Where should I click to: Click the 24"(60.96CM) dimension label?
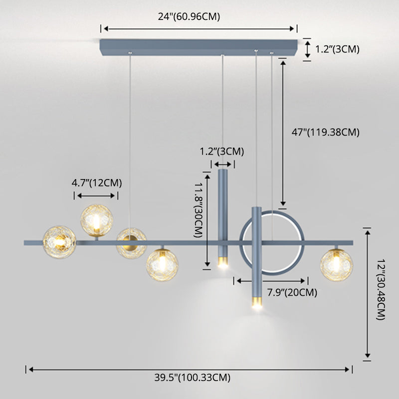[189, 16]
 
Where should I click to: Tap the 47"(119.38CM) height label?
[325, 132]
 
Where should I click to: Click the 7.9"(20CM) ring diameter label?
[292, 292]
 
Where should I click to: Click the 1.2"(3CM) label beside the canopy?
[338, 49]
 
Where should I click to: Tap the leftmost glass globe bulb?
[59, 242]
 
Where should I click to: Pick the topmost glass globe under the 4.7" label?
[98, 219]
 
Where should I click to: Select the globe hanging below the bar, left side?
[162, 264]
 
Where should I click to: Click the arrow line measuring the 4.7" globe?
[97, 196]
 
